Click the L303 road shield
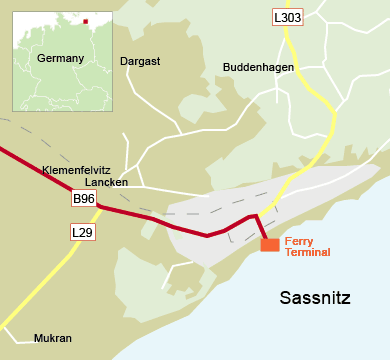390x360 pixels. tap(286, 17)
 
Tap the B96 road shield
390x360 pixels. tap(84, 199)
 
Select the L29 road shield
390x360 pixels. tap(83, 232)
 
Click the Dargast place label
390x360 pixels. tap(140, 61)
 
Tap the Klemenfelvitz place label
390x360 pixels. tap(76, 171)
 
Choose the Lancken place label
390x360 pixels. tap(106, 183)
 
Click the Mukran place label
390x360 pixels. tap(53, 338)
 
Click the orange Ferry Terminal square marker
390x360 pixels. tap(270, 245)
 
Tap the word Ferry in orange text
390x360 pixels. tap(299, 242)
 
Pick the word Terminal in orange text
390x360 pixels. tap(307, 253)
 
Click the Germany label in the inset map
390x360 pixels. tap(60, 59)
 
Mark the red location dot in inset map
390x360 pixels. tap(86, 21)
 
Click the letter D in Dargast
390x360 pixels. tap(124, 61)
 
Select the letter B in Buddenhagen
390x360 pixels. tap(226, 68)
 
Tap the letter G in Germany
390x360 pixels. tap(41, 59)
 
